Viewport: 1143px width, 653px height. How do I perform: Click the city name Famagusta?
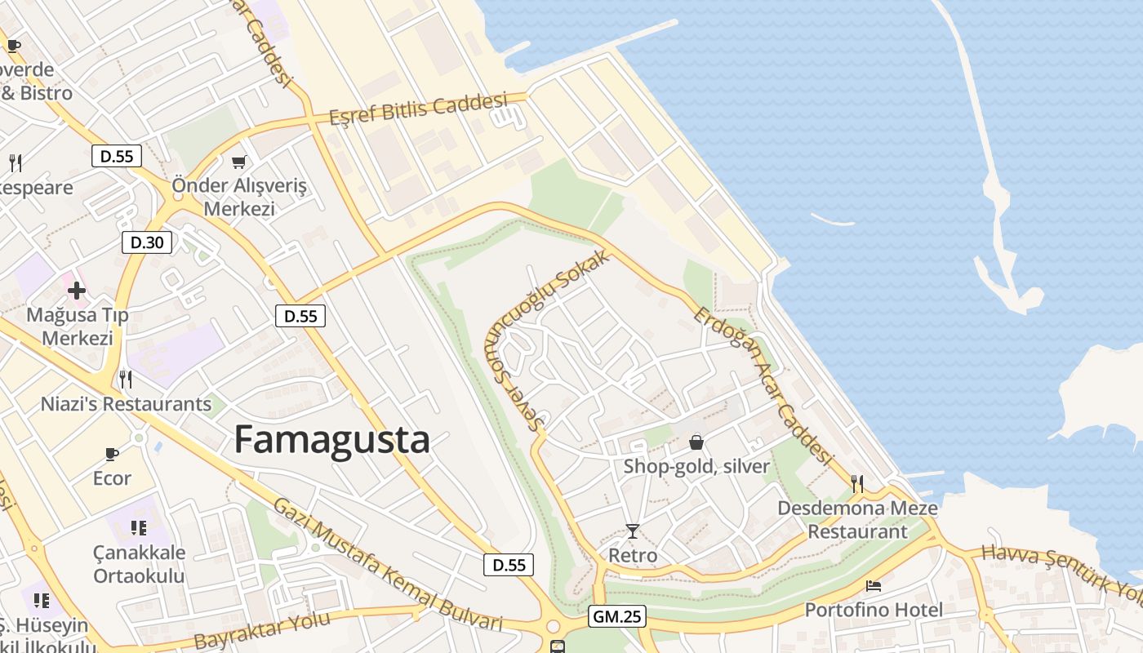coord(331,440)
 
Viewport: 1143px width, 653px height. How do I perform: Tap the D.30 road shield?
coord(147,242)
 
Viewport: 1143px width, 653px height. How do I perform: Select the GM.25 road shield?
coord(616,617)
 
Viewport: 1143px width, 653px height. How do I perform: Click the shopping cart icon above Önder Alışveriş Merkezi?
coord(238,162)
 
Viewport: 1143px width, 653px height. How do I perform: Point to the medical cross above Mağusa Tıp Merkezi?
coord(77,291)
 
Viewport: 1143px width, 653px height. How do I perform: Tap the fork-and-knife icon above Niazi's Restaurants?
coord(126,379)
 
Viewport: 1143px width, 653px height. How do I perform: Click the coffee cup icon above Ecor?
coord(112,454)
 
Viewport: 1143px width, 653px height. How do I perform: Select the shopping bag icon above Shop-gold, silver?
coord(696,442)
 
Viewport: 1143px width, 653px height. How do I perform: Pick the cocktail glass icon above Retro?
coord(633,531)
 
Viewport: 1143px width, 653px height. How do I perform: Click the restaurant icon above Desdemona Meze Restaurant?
coord(857,484)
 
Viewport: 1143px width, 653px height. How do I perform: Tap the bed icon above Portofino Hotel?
coord(874,586)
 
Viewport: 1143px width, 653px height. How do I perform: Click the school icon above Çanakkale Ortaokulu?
coord(139,528)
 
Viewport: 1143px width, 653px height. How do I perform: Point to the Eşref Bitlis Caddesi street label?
coord(418,109)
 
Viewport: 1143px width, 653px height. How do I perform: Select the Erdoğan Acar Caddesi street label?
coord(764,387)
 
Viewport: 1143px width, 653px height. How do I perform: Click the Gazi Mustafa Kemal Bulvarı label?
coord(387,564)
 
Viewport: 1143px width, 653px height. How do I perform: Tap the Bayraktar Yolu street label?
coord(263,629)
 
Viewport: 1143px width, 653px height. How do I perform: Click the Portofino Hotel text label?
coord(874,610)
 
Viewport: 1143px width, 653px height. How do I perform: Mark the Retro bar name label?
coord(633,556)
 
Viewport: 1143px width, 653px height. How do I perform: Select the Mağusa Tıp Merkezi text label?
coord(78,326)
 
